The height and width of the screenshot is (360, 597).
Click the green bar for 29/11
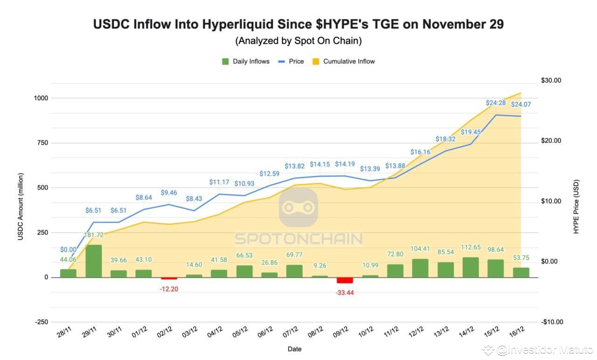93,261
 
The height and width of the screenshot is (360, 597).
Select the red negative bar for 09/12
345,280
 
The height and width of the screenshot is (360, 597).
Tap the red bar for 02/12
169,278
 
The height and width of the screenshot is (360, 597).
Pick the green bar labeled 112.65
471,267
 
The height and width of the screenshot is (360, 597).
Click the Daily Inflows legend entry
246,61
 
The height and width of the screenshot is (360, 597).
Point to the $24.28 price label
496,103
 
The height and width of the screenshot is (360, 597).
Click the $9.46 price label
169,192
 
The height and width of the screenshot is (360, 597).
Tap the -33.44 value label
345,292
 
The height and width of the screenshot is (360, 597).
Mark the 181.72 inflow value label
94,235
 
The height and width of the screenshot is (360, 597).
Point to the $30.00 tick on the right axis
551,80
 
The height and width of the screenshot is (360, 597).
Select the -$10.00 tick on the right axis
551,322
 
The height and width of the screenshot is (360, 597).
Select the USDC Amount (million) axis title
21,207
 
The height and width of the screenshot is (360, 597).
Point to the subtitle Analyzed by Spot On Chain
298,41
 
